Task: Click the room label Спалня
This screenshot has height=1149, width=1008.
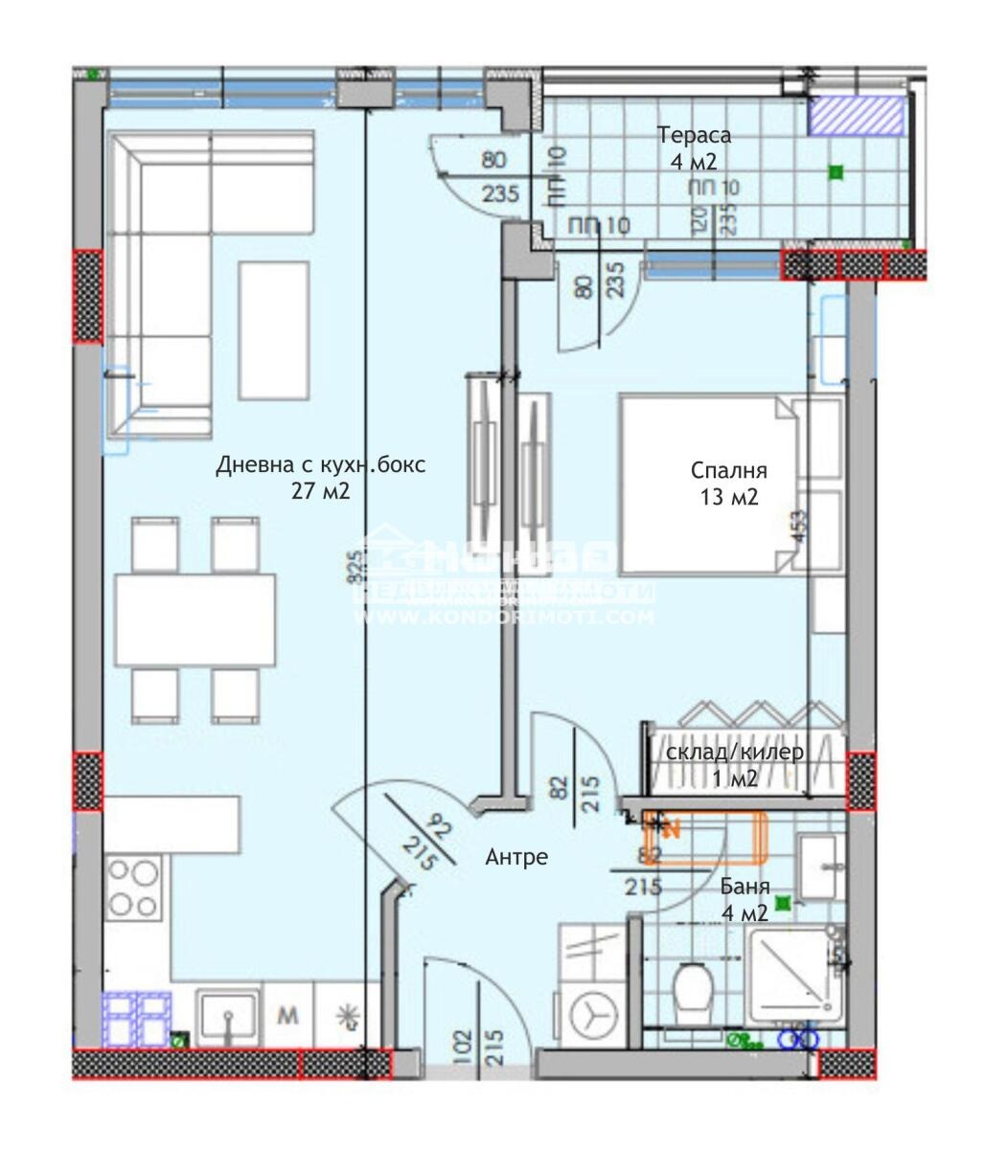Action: [728, 470]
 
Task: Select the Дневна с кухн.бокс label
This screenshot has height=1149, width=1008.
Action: [320, 465]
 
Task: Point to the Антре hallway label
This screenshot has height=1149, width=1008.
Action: [516, 856]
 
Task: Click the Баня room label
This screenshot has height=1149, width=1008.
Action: [744, 888]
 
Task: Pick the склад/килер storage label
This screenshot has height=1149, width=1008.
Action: [735, 752]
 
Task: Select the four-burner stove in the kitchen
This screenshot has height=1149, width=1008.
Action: [133, 888]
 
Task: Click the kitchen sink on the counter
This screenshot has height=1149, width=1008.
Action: [227, 1017]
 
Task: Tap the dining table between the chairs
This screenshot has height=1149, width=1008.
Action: [195, 620]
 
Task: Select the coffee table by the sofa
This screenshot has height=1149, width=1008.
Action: [274, 329]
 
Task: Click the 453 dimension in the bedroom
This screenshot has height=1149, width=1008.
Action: [800, 527]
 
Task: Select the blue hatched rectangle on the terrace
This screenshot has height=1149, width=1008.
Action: [856, 116]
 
